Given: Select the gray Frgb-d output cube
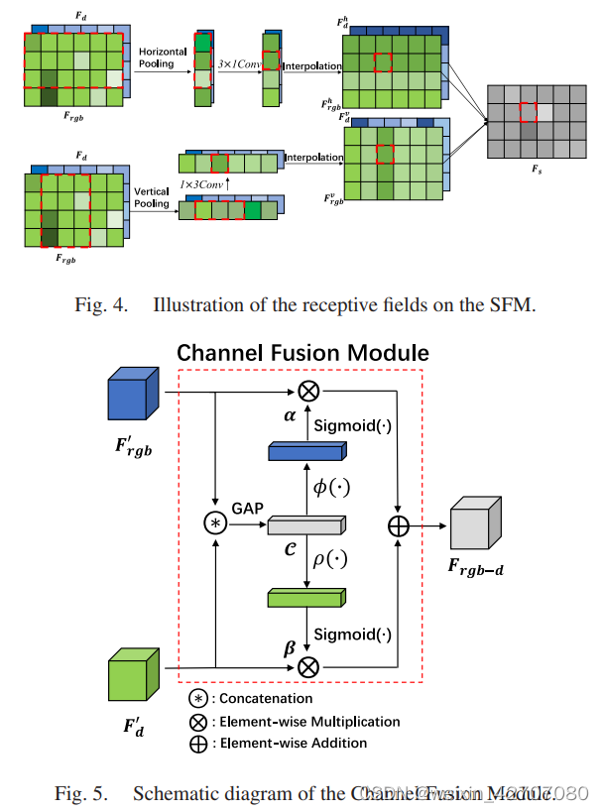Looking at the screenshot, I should tap(474, 525).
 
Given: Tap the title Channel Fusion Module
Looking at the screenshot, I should tap(302, 353).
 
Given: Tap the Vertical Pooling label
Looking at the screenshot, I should tap(152, 197).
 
